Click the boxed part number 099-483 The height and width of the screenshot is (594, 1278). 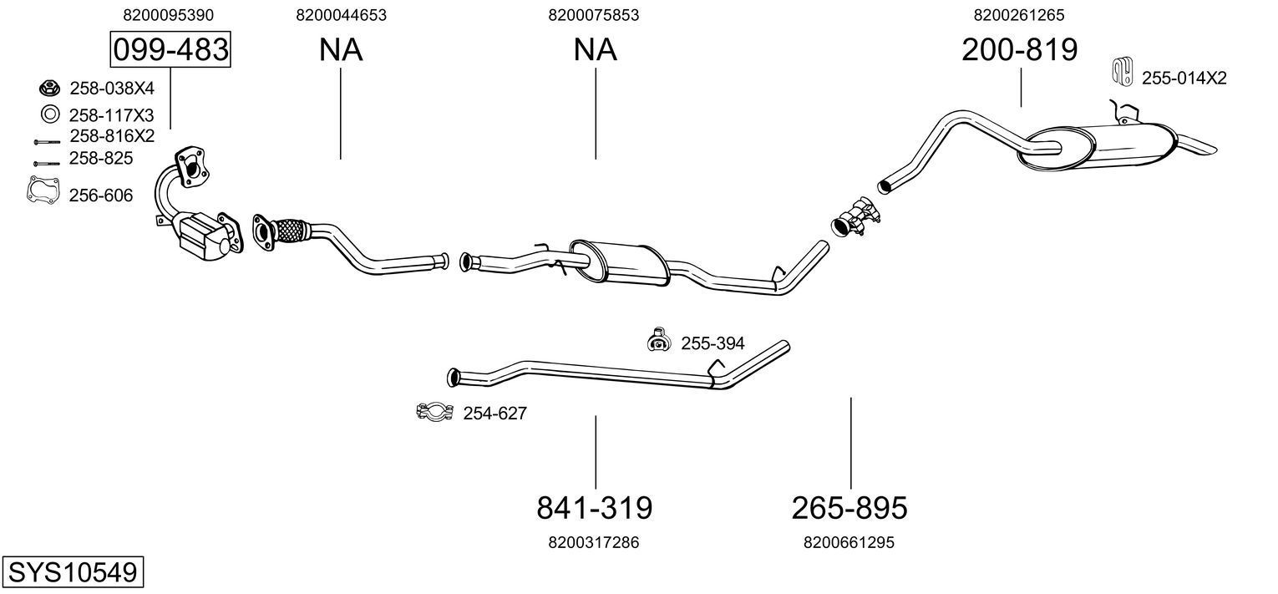coord(170,50)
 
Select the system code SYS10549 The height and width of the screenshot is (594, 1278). coord(72,572)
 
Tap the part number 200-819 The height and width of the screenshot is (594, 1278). coord(1019,50)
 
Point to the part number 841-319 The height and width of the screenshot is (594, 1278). coord(594,507)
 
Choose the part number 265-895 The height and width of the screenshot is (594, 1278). coord(849,507)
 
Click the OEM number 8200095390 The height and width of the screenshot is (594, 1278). coord(168,15)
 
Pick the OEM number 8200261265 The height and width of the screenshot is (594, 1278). coord(1018,15)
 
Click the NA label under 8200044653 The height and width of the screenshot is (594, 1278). coord(341,50)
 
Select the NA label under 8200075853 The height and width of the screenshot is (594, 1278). coord(595,50)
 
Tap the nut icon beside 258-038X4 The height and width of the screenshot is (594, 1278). coord(48,88)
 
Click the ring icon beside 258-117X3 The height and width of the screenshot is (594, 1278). coord(48,114)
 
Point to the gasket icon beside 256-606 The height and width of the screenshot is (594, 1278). coord(43,191)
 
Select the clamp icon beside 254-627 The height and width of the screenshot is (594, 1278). coord(434,411)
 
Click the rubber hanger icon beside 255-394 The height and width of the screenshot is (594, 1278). coord(660,340)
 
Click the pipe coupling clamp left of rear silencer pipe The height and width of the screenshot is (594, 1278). coord(855,215)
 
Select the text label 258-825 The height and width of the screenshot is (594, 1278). coord(101,158)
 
